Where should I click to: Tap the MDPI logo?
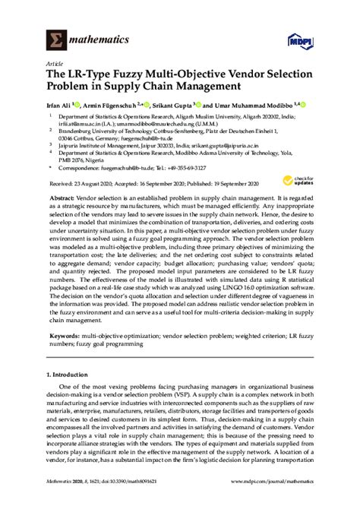point(301,40)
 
